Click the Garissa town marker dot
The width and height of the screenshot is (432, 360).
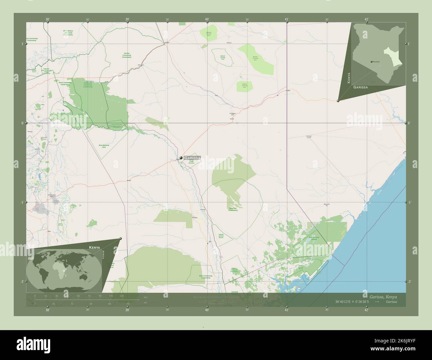pyautogui.click(x=181, y=158)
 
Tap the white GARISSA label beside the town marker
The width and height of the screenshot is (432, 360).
pyautogui.click(x=192, y=158)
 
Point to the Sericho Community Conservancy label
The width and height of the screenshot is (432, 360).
pyautogui.click(x=127, y=55)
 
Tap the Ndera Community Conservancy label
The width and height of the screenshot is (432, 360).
pyautogui.click(x=205, y=277)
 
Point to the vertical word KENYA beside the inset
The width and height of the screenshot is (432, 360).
pyautogui.click(x=348, y=78)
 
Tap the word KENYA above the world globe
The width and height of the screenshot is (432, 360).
pyautogui.click(x=94, y=248)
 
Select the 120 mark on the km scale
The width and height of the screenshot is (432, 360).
pyautogui.click(x=122, y=296)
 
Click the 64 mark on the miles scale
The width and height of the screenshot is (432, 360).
pyautogui.click(x=109, y=304)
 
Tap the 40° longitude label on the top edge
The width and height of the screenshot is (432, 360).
pyautogui.click(x=207, y=19)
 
